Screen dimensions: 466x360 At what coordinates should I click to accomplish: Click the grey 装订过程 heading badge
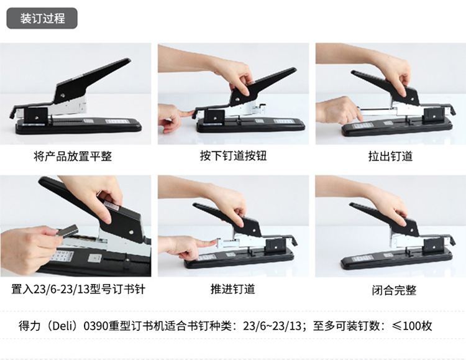(42, 19)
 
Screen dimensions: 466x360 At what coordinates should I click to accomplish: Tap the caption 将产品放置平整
(73, 156)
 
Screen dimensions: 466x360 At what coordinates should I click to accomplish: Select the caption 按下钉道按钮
(233, 155)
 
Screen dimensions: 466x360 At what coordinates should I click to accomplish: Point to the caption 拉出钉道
(390, 156)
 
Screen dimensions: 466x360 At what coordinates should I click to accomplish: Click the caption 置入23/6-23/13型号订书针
(78, 289)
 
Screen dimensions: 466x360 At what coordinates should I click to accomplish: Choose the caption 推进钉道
(233, 289)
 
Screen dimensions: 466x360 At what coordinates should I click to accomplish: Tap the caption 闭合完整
(394, 290)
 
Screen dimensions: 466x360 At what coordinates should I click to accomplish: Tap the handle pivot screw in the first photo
(63, 96)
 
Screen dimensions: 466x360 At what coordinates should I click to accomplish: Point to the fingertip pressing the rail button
(191, 113)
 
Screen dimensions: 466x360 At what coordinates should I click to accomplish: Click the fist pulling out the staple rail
(338, 110)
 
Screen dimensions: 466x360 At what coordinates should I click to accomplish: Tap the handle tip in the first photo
(128, 61)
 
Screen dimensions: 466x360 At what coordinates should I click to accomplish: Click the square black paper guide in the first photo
(35, 116)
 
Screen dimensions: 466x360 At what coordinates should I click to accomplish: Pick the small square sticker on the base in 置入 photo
(95, 258)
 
